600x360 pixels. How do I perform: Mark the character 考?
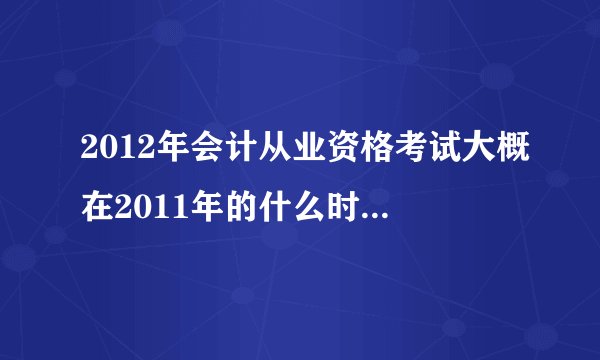tap(394, 151)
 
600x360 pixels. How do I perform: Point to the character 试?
tap(429, 151)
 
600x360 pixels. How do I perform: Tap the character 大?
tap(464, 151)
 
